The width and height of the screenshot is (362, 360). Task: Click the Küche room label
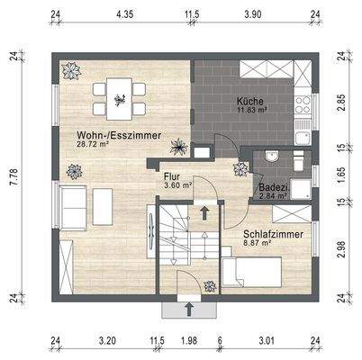(251, 101)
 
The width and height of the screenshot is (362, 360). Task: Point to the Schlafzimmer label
(272, 234)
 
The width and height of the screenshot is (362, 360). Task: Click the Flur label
(173, 177)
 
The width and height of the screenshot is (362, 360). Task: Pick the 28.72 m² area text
(93, 143)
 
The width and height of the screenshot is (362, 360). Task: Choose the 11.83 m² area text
(253, 111)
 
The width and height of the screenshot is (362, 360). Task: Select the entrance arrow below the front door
(190, 310)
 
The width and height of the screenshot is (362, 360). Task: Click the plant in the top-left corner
(69, 70)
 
